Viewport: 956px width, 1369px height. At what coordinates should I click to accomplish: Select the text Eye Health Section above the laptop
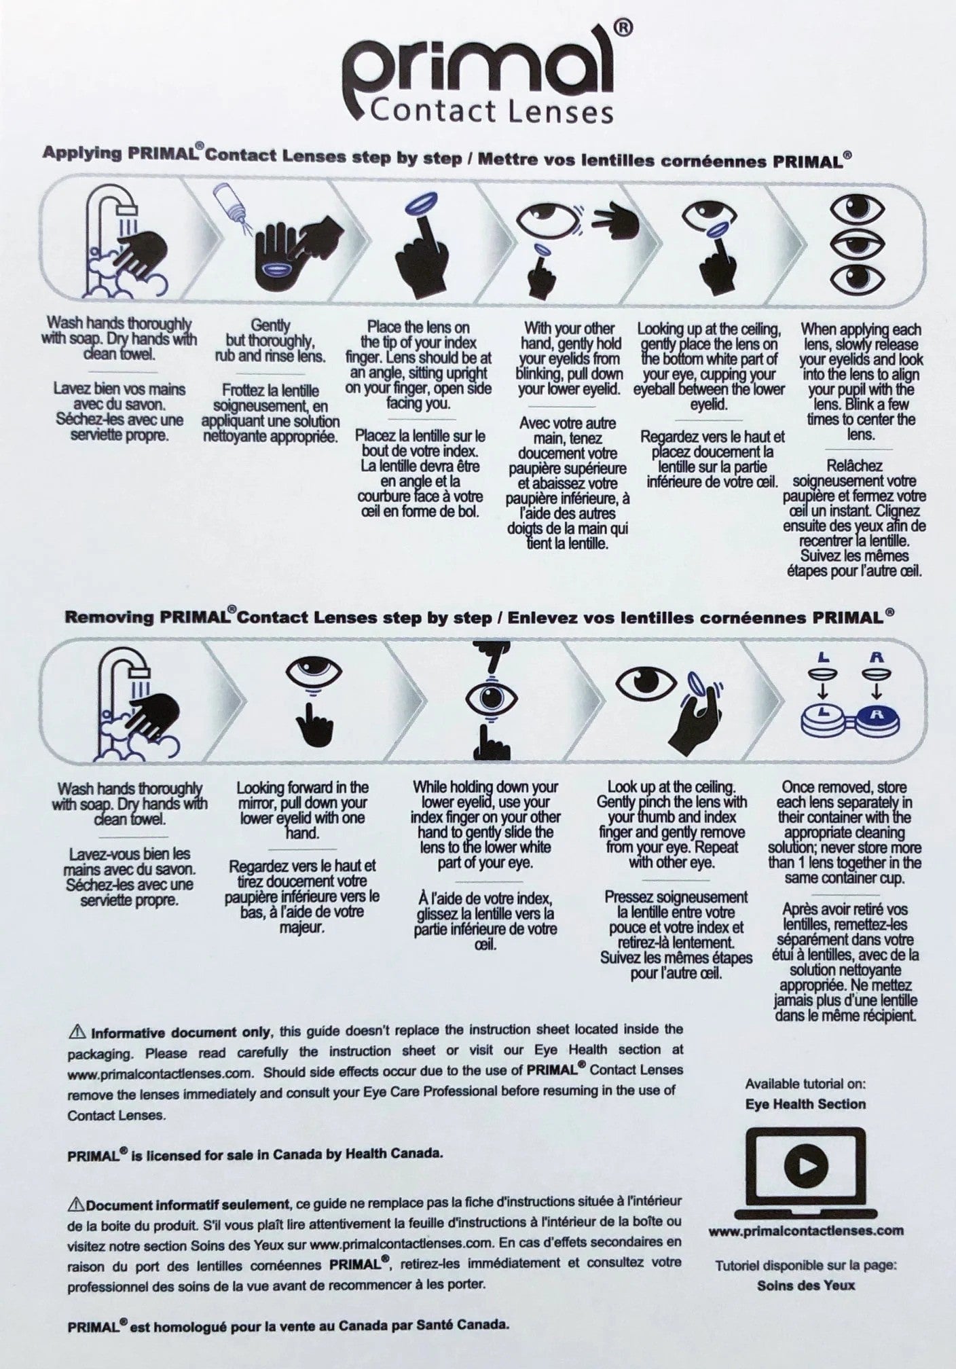coord(805,1104)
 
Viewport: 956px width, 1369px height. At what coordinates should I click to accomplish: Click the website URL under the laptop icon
coord(805,1230)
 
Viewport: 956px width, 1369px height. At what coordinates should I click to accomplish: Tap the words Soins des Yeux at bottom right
coord(805,1285)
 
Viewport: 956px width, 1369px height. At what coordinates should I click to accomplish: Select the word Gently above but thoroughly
coord(270,326)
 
